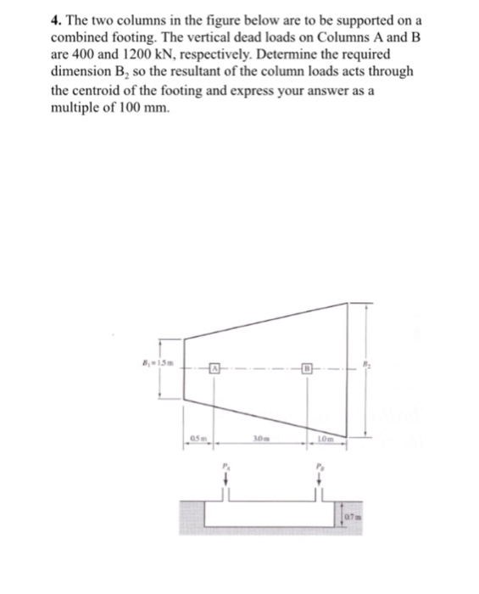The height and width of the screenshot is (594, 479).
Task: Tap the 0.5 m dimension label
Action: click(197, 439)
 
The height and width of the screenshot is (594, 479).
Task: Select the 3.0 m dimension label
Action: click(262, 439)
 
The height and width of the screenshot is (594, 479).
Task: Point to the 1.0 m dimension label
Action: click(327, 439)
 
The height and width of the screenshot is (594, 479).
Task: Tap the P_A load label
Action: click(226, 466)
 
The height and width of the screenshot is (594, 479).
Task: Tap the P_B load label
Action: click(320, 466)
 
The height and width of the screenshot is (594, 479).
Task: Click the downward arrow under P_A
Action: click(226, 480)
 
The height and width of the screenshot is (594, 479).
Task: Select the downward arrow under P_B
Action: click(320, 480)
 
